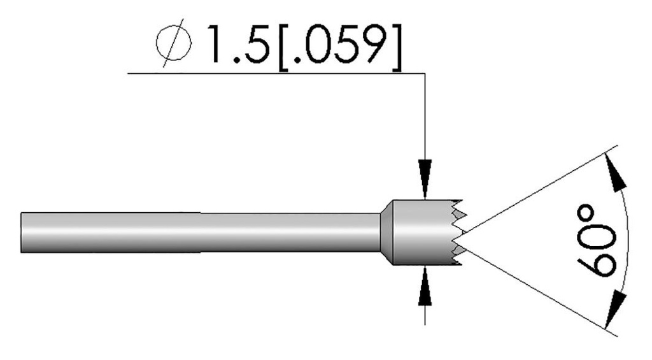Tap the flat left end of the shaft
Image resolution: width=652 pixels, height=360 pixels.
(22, 233)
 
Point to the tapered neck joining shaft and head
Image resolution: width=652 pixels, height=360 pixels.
(386, 233)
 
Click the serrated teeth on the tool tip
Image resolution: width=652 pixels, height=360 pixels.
(460, 233)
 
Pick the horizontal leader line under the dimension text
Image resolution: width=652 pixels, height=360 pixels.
(274, 74)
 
